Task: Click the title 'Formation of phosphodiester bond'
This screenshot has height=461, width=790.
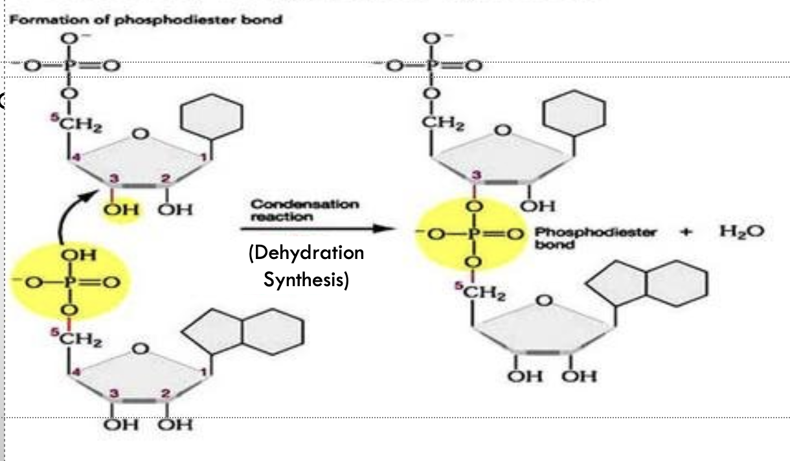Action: click(146, 19)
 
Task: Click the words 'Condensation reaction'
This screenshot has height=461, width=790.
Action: click(304, 209)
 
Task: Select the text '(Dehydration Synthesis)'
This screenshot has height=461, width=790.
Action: click(306, 267)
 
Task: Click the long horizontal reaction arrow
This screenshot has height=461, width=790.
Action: click(317, 228)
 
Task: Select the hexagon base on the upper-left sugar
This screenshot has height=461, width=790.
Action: click(211, 117)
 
